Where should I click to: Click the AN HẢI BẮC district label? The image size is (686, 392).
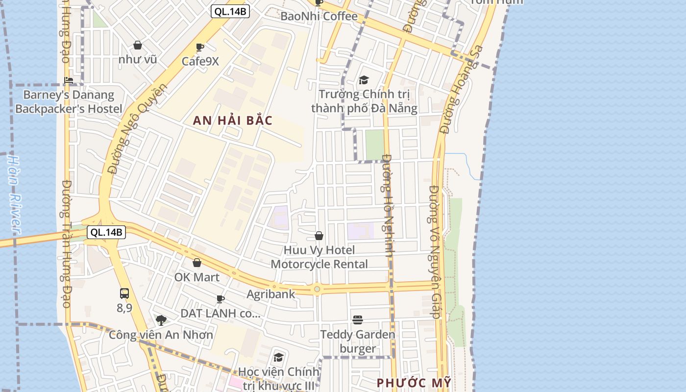(232, 121)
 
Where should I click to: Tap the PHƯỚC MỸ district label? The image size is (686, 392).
(414, 383)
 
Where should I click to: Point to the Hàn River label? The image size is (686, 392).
(15, 194)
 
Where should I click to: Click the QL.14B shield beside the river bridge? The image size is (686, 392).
(106, 232)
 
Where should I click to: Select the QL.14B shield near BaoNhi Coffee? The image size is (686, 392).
(230, 11)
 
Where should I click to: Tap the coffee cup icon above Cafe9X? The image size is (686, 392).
(200, 48)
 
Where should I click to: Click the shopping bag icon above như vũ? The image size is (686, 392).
(138, 45)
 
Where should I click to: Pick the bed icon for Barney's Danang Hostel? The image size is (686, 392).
(69, 80)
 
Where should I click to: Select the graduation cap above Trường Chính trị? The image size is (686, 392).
(364, 80)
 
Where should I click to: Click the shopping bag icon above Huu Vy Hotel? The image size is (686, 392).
(319, 236)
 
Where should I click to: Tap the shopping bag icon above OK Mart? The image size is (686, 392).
(197, 263)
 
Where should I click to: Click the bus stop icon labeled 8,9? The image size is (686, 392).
(124, 294)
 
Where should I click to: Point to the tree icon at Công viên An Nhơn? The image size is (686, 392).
(161, 320)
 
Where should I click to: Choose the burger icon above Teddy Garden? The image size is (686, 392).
(358, 320)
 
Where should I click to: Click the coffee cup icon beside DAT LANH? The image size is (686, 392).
(220, 299)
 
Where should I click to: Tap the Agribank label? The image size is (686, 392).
(271, 294)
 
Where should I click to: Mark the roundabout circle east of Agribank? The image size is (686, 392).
(317, 289)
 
